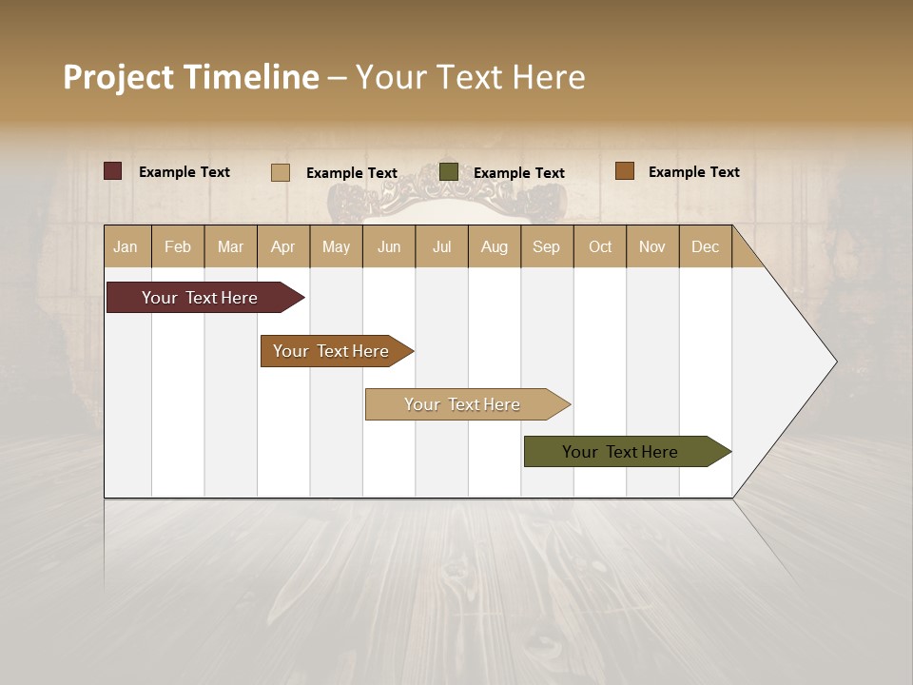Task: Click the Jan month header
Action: [126, 247]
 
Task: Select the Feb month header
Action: [178, 247]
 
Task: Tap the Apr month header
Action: [282, 247]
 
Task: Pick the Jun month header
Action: [389, 247]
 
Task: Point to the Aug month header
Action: [494, 247]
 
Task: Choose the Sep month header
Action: [546, 247]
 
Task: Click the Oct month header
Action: [600, 247]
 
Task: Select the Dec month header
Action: [705, 247]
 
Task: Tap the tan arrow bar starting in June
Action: [463, 404]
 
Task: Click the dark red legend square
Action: [112, 171]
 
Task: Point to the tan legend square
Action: [280, 172]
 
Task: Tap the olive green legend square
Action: [449, 172]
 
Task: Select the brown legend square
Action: [624, 171]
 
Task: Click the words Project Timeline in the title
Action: [190, 77]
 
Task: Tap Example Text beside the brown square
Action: [693, 172]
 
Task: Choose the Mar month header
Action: [230, 247]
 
